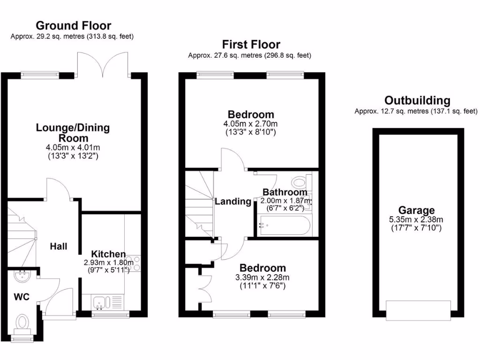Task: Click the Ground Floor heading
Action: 74,25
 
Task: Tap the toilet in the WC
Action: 22,323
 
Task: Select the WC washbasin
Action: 22,277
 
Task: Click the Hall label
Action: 59,246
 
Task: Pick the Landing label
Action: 233,202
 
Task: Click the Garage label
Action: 416,210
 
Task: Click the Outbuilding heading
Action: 417,100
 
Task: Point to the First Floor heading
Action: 251,45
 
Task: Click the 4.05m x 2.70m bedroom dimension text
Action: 251,124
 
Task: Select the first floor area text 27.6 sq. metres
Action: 250,55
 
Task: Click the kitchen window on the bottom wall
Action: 111,315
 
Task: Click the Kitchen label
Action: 108,254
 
